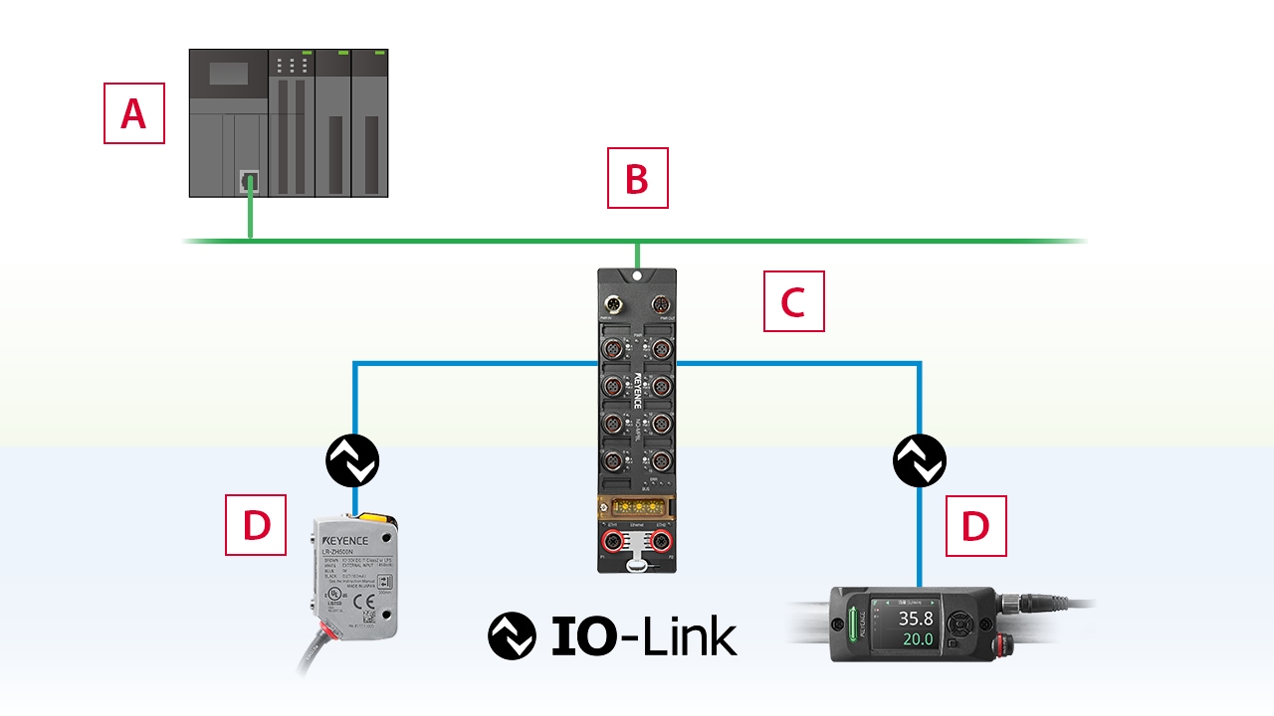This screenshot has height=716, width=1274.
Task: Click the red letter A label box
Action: click(134, 113)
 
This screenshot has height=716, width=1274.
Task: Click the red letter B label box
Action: click(638, 178)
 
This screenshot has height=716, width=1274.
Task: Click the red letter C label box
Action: click(793, 300)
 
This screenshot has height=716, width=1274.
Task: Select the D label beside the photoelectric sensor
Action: click(256, 524)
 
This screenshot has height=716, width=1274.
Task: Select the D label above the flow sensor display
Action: click(975, 525)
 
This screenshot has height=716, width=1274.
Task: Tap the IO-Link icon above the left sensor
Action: click(353, 460)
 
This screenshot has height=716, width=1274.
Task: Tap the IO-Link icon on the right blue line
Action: click(920, 460)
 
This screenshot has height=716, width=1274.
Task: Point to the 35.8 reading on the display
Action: click(916, 619)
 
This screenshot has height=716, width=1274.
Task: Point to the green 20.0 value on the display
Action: click(916, 639)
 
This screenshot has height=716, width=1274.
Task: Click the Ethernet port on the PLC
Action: click(249, 180)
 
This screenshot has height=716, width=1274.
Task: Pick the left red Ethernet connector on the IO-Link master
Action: click(611, 543)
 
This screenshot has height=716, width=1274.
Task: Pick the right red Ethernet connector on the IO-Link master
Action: click(660, 543)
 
